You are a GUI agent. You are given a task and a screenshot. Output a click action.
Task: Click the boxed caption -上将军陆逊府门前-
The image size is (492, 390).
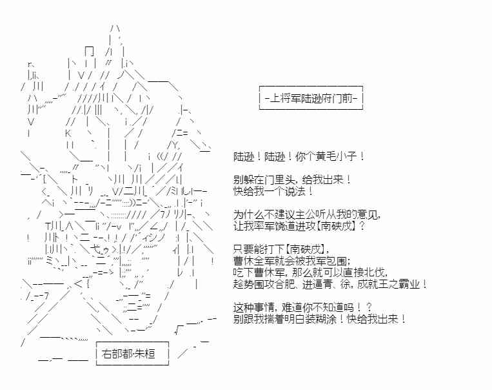point(311,98)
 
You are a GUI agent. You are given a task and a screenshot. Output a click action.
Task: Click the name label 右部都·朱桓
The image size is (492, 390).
point(132,354)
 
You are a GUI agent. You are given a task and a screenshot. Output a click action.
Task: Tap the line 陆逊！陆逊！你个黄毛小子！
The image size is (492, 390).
point(299,156)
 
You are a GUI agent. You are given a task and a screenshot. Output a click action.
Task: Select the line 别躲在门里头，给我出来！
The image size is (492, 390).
point(293,180)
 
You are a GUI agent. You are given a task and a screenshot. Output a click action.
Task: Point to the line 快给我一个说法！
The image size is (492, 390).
point(273,191)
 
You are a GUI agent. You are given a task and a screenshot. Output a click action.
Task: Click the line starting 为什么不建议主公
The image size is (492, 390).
point(307,214)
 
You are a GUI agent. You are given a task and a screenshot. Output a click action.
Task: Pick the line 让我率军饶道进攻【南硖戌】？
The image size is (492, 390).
point(299,226)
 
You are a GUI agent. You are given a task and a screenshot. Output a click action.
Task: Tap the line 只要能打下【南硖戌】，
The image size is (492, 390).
point(281,250)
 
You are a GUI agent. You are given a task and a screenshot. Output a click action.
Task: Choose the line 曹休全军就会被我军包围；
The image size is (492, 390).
point(292,261)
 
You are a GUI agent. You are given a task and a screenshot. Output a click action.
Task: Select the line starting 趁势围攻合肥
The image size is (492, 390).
point(330,284)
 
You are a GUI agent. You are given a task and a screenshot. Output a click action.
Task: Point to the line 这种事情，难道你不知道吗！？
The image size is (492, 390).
point(302,307)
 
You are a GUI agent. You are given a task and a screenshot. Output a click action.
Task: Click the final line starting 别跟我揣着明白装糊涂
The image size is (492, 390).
point(319,319)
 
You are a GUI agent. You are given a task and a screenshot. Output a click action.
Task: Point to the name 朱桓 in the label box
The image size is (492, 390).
point(145,354)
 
